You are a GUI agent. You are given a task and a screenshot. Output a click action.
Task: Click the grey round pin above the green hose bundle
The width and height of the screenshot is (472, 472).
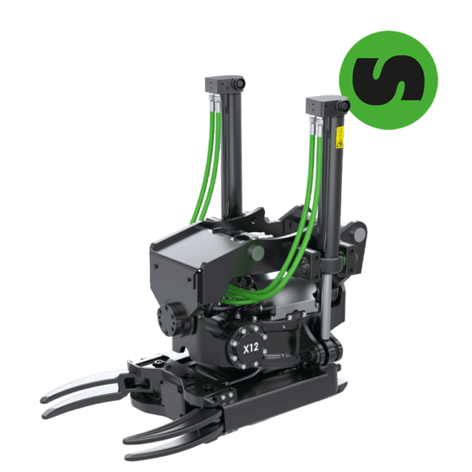click(256, 252)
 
